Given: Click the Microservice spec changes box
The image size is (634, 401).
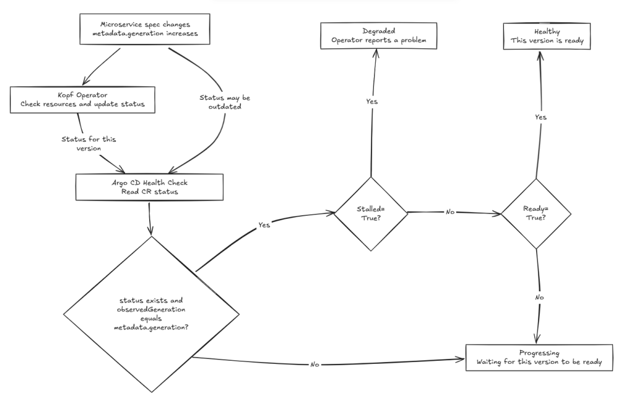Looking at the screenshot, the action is [145, 29].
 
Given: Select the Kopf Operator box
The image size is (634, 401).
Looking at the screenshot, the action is [82, 100].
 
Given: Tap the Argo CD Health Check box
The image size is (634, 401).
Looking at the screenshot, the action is [149, 187].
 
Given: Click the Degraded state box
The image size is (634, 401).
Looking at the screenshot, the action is [378, 35].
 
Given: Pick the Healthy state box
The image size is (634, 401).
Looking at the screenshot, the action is [547, 36].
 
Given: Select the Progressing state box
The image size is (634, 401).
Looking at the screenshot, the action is [539, 357].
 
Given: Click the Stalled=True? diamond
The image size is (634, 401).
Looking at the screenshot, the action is [371, 214].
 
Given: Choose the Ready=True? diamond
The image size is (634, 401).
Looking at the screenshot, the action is [536, 213].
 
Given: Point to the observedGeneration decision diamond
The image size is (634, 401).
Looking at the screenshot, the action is [151, 314].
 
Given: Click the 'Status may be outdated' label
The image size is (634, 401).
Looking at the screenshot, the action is [225, 102].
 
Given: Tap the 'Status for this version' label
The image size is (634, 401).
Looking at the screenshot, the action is [89, 144].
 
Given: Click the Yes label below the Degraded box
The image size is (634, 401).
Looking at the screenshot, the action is [371, 101].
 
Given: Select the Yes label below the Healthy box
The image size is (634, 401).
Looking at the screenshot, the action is [541, 117].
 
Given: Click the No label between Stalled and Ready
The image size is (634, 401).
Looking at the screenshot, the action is [450, 211].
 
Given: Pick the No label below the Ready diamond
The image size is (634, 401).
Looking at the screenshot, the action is [539, 297].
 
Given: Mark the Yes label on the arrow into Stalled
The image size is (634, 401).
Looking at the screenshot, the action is [264, 225].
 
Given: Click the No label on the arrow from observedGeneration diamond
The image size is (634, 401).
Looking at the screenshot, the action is [315, 364].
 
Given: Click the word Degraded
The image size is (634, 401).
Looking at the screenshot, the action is [378, 31].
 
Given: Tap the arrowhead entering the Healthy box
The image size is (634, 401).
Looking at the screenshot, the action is [540, 54].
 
